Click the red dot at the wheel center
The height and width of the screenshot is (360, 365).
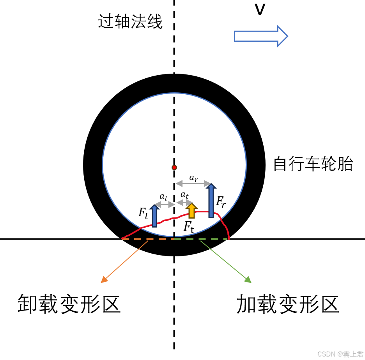pos(174,168)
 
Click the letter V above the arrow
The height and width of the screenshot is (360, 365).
pos(260,11)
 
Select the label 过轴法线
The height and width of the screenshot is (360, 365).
pos(130,22)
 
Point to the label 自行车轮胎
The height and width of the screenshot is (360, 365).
pos(313,164)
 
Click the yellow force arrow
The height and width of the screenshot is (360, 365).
pos(191,210)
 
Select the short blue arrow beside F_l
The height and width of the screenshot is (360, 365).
pos(154,216)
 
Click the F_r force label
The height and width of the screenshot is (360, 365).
pos(221,202)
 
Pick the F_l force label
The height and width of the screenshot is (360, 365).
pos(144,213)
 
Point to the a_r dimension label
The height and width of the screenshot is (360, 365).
pos(193,178)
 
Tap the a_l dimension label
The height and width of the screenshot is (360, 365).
pos(163,197)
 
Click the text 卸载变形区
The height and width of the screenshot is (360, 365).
pos(69,304)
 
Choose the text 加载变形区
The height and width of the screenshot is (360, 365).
pos(288,304)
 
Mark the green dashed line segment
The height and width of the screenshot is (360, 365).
pos(201,238)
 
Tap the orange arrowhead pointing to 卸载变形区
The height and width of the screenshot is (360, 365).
pos(104,279)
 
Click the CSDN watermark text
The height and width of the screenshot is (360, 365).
pos(340,354)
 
